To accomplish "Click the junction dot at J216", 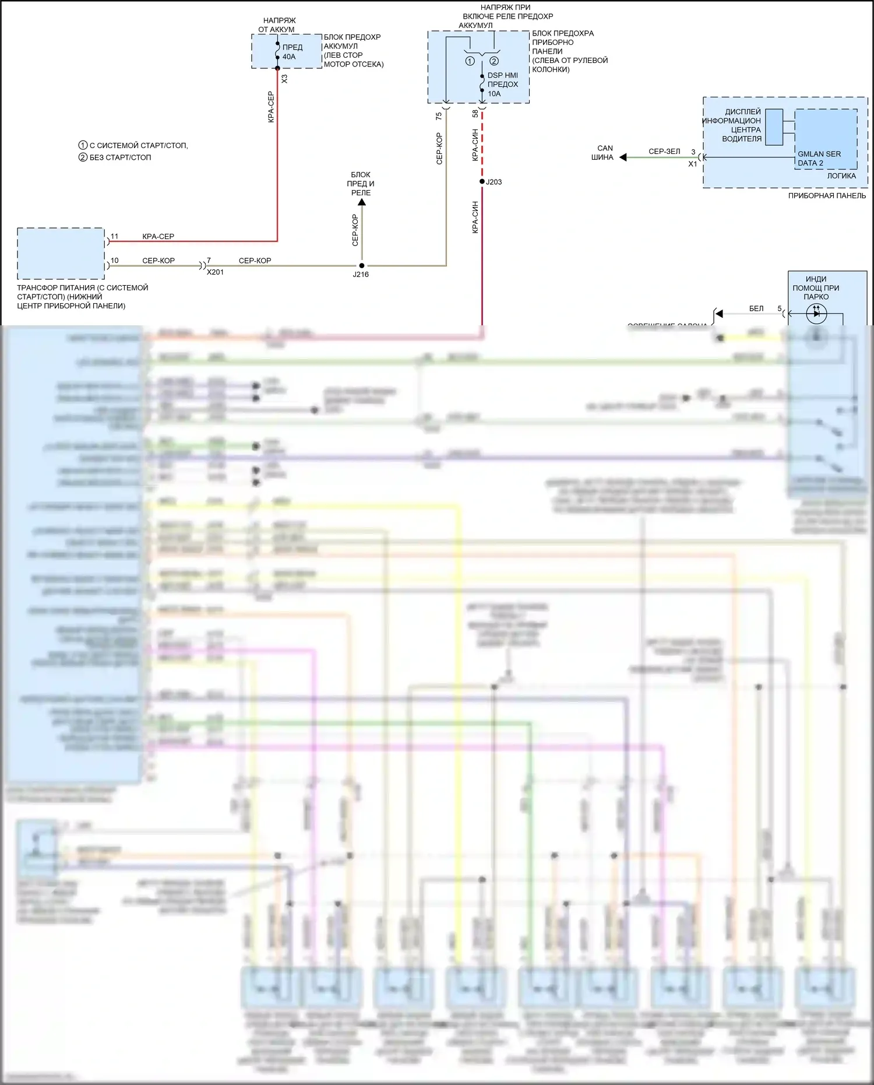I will (x=362, y=266).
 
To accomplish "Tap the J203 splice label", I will (x=494, y=182).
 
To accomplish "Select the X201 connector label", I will (x=215, y=272).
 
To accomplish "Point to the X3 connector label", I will (x=284, y=79).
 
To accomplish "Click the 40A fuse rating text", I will (x=289, y=57).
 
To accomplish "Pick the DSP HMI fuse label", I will (x=502, y=75).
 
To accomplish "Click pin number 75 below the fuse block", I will (x=439, y=116).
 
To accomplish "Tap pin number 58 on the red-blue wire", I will (x=475, y=114).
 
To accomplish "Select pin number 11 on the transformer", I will (x=114, y=236).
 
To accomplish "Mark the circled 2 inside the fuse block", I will (x=494, y=61).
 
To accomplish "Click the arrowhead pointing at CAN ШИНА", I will (x=623, y=157).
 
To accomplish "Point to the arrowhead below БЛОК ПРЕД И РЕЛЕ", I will (x=362, y=202).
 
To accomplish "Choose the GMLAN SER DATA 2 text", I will (x=819, y=159).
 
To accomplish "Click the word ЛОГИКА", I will (x=841, y=176).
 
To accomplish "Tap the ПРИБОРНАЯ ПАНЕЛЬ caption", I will (x=827, y=196).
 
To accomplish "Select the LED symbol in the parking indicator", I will (x=816, y=314).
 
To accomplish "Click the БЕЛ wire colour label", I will (x=756, y=308).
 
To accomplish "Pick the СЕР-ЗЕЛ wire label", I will (x=664, y=152).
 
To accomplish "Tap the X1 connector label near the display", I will (x=692, y=164).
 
